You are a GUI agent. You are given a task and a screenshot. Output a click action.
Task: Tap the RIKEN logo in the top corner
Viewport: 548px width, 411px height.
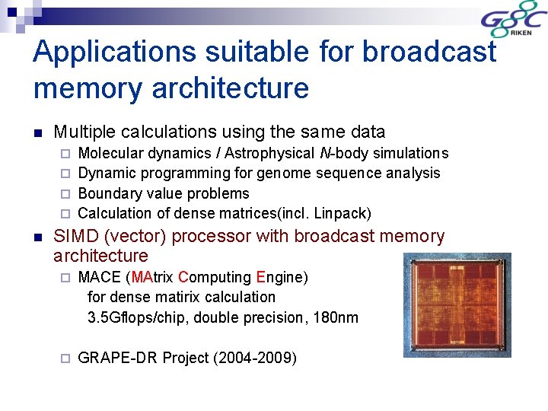pos(513,24)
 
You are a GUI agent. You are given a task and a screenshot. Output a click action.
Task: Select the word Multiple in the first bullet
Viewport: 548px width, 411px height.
pos(83,132)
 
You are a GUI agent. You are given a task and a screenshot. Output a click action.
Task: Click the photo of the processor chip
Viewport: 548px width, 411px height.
pos(457,305)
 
